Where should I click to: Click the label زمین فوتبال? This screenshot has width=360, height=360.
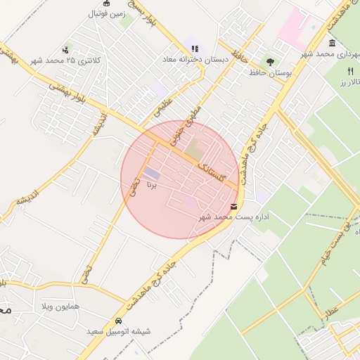pyautogui.click(x=105, y=13)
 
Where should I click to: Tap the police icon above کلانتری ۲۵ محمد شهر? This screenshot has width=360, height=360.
pyautogui.click(x=65, y=50)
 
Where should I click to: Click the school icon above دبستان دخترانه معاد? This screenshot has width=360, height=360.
pyautogui.click(x=195, y=49)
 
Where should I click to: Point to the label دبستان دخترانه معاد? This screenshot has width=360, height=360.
pyautogui.click(x=195, y=60)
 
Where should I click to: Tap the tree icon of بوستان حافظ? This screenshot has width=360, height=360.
pyautogui.click(x=270, y=62)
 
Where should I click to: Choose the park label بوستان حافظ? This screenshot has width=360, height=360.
pyautogui.click(x=270, y=73)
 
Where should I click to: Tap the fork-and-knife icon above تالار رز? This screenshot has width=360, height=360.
pyautogui.click(x=351, y=72)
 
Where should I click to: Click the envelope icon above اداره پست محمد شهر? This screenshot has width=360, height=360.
pyautogui.click(x=233, y=206)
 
